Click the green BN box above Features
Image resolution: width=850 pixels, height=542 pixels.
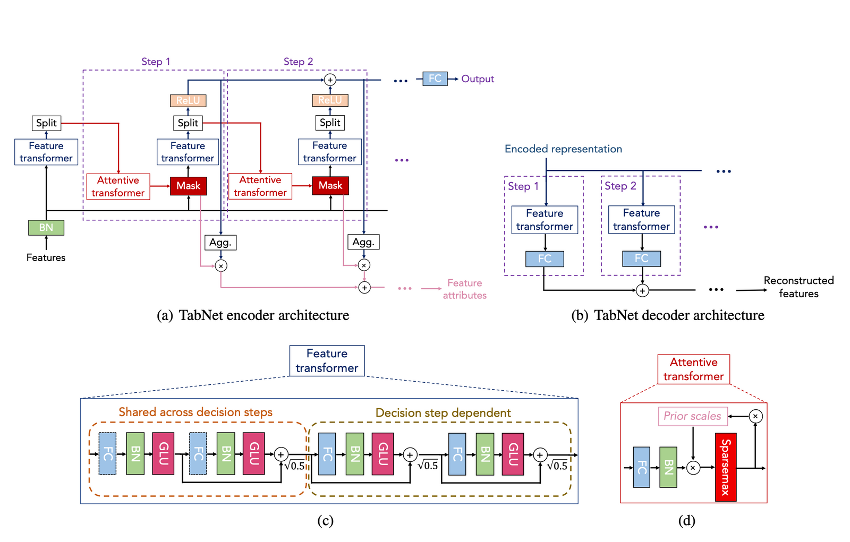(x=46, y=228)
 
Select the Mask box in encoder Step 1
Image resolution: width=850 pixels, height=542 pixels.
(x=188, y=186)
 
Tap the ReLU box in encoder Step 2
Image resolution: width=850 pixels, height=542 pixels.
(x=330, y=100)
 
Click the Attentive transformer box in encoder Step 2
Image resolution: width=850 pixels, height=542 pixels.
(x=260, y=186)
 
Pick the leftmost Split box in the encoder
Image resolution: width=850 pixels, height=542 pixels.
(x=46, y=123)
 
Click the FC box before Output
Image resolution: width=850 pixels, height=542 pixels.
(x=435, y=79)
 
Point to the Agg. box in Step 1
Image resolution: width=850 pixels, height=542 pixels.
(x=220, y=243)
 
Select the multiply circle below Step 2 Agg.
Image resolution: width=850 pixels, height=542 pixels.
(x=364, y=265)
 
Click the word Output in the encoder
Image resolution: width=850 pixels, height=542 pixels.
(x=478, y=79)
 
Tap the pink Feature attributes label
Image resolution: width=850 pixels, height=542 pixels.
(x=464, y=289)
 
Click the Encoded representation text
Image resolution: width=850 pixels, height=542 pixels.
(x=563, y=149)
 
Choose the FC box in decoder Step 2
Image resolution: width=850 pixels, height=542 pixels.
(x=641, y=259)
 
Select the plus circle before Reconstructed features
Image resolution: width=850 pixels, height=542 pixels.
(x=642, y=290)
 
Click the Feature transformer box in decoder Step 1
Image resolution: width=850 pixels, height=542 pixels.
(x=545, y=220)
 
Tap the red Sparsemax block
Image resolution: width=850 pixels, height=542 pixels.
(x=726, y=468)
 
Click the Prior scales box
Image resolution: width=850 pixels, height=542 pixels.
(x=692, y=416)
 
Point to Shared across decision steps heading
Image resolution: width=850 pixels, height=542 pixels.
(x=195, y=412)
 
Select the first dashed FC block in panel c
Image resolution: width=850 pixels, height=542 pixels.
(x=107, y=453)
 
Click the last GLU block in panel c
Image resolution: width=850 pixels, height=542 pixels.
(x=513, y=454)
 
